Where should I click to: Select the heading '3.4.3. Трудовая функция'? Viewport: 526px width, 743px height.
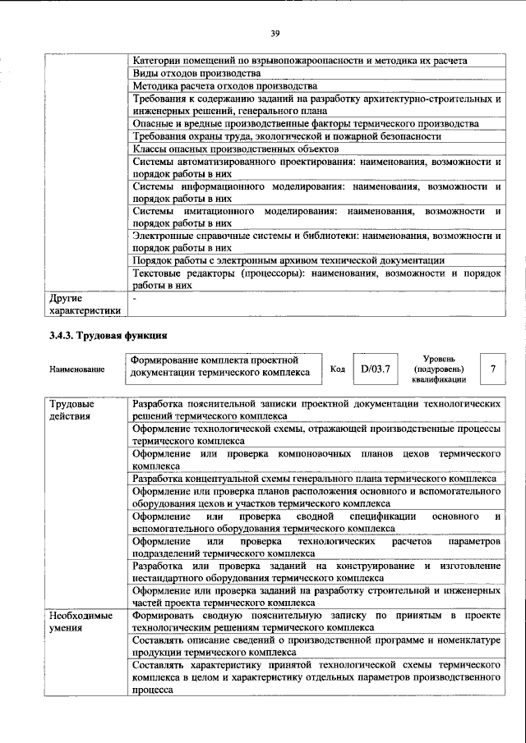(108, 335)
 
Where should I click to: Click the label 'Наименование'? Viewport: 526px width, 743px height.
(77, 369)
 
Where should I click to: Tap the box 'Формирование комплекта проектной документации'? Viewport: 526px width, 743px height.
(223, 366)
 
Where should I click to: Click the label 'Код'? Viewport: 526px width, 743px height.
(337, 369)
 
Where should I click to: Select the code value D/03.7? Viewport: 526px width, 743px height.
(374, 369)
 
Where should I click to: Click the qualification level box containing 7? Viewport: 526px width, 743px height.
(492, 369)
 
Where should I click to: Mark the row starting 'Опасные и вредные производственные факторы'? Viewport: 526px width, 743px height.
(316, 123)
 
